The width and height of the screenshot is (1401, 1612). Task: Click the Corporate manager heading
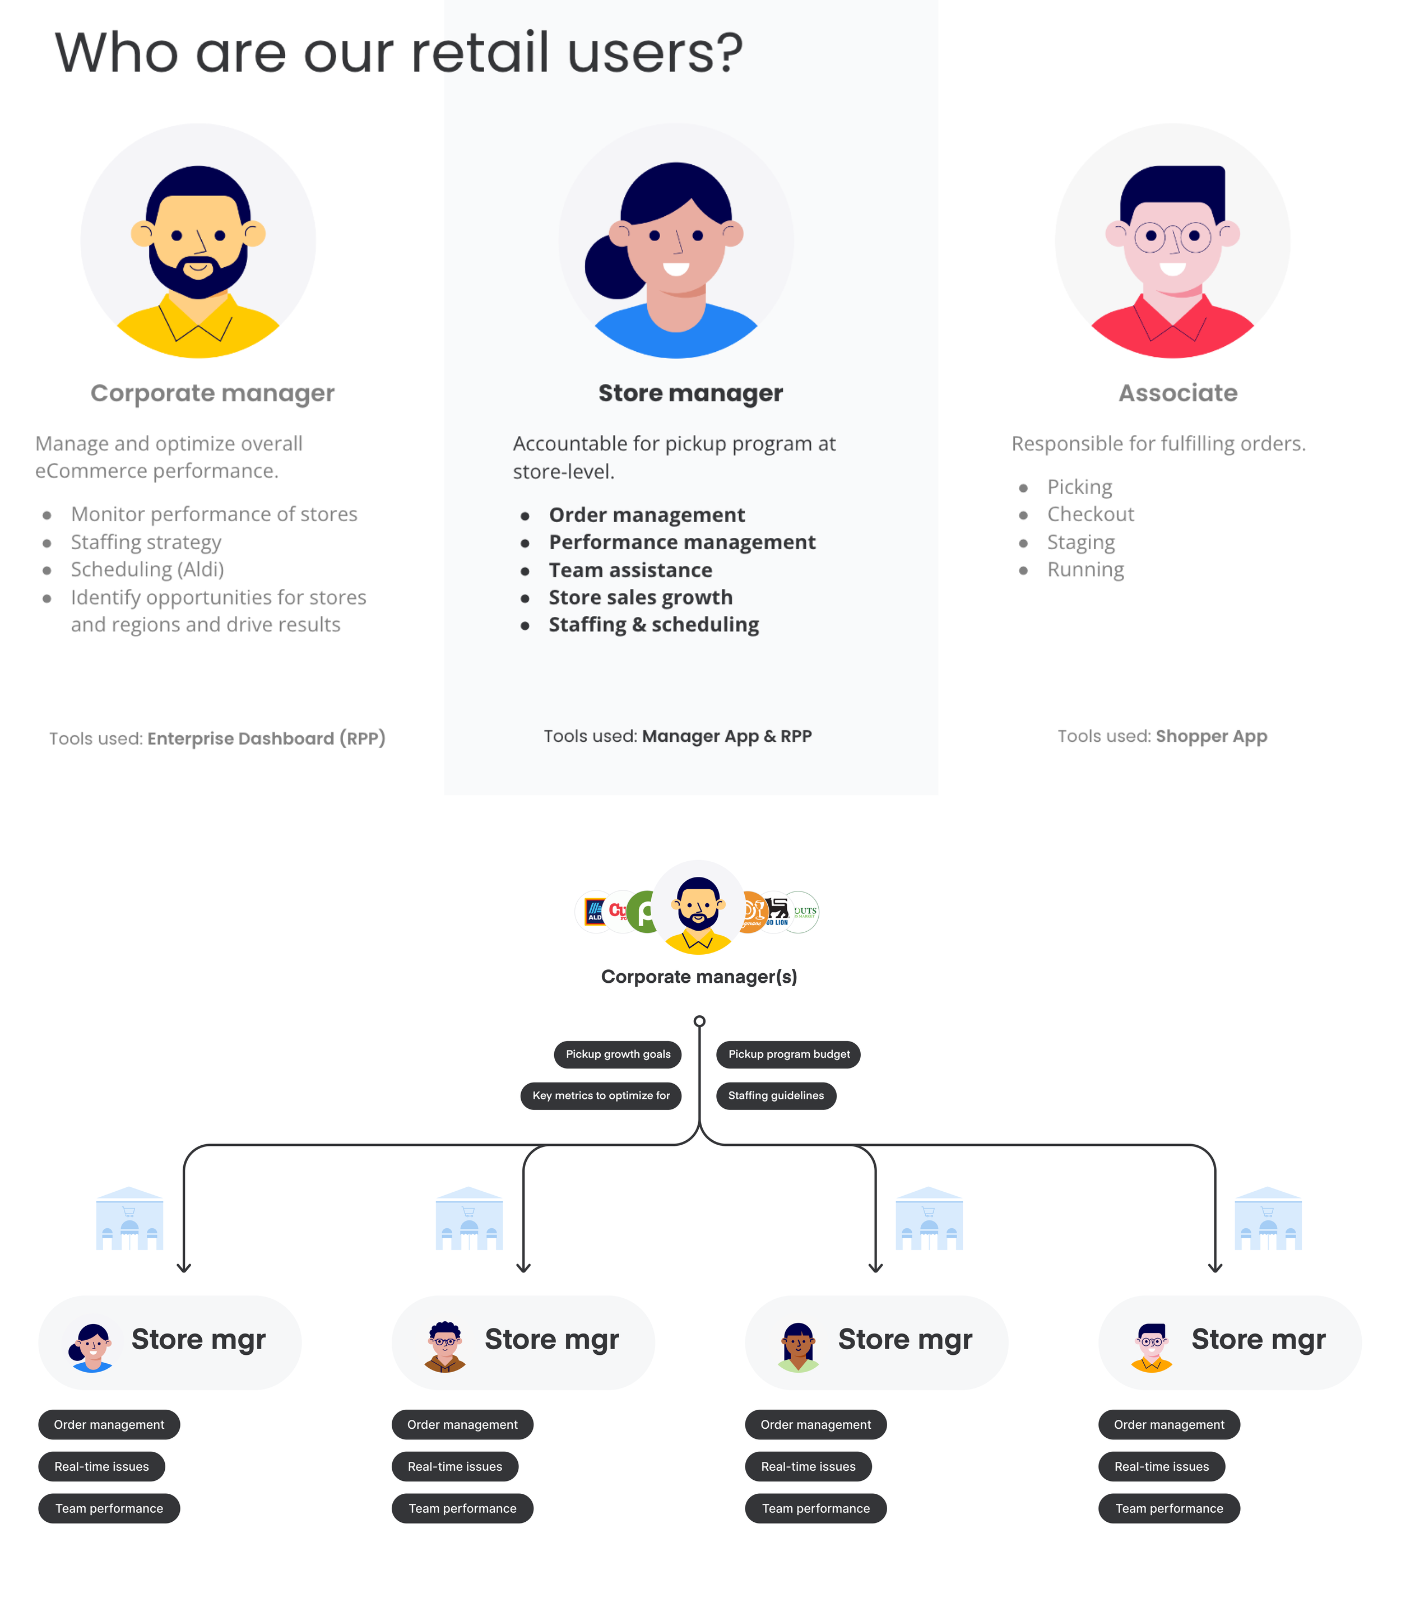(212, 393)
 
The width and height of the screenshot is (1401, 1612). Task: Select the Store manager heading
(690, 393)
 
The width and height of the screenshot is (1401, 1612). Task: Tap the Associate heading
(1177, 393)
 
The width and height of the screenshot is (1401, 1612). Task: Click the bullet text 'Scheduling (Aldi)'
(147, 569)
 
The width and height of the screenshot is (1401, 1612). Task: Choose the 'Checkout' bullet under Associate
(1090, 514)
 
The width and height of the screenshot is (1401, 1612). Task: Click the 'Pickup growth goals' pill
(618, 1054)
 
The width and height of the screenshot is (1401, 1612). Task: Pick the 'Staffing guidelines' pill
(776, 1095)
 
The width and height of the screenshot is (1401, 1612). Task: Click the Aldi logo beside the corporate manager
(594, 912)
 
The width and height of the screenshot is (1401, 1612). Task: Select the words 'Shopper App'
(1211, 736)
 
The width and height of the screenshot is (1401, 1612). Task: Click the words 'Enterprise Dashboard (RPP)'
(266, 739)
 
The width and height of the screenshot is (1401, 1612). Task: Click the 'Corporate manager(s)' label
(699, 977)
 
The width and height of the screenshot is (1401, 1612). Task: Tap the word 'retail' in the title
(479, 53)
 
